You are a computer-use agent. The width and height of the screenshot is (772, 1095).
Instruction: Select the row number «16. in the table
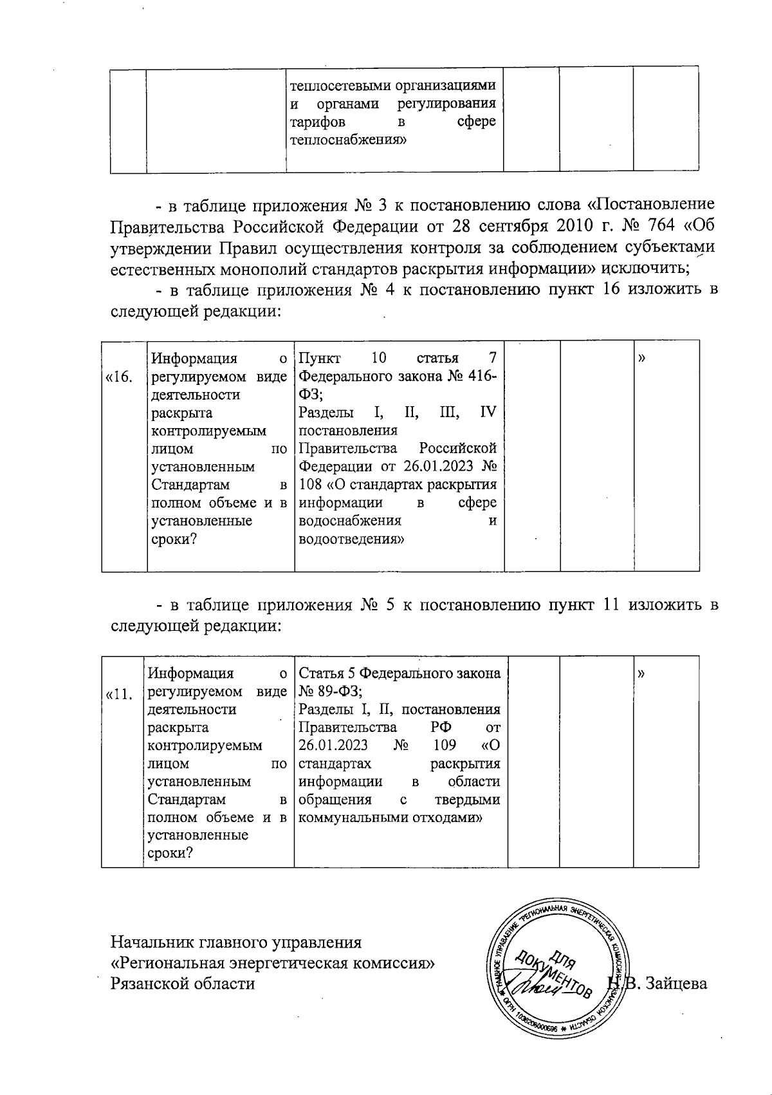119,377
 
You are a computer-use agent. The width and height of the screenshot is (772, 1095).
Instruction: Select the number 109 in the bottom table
445,745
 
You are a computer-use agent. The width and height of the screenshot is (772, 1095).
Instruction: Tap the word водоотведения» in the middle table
351,539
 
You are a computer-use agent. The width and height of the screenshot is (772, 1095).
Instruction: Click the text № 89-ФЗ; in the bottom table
331,691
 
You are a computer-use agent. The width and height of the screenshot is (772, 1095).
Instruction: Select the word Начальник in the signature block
152,942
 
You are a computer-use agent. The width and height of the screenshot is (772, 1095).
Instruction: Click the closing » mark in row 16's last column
641,358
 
